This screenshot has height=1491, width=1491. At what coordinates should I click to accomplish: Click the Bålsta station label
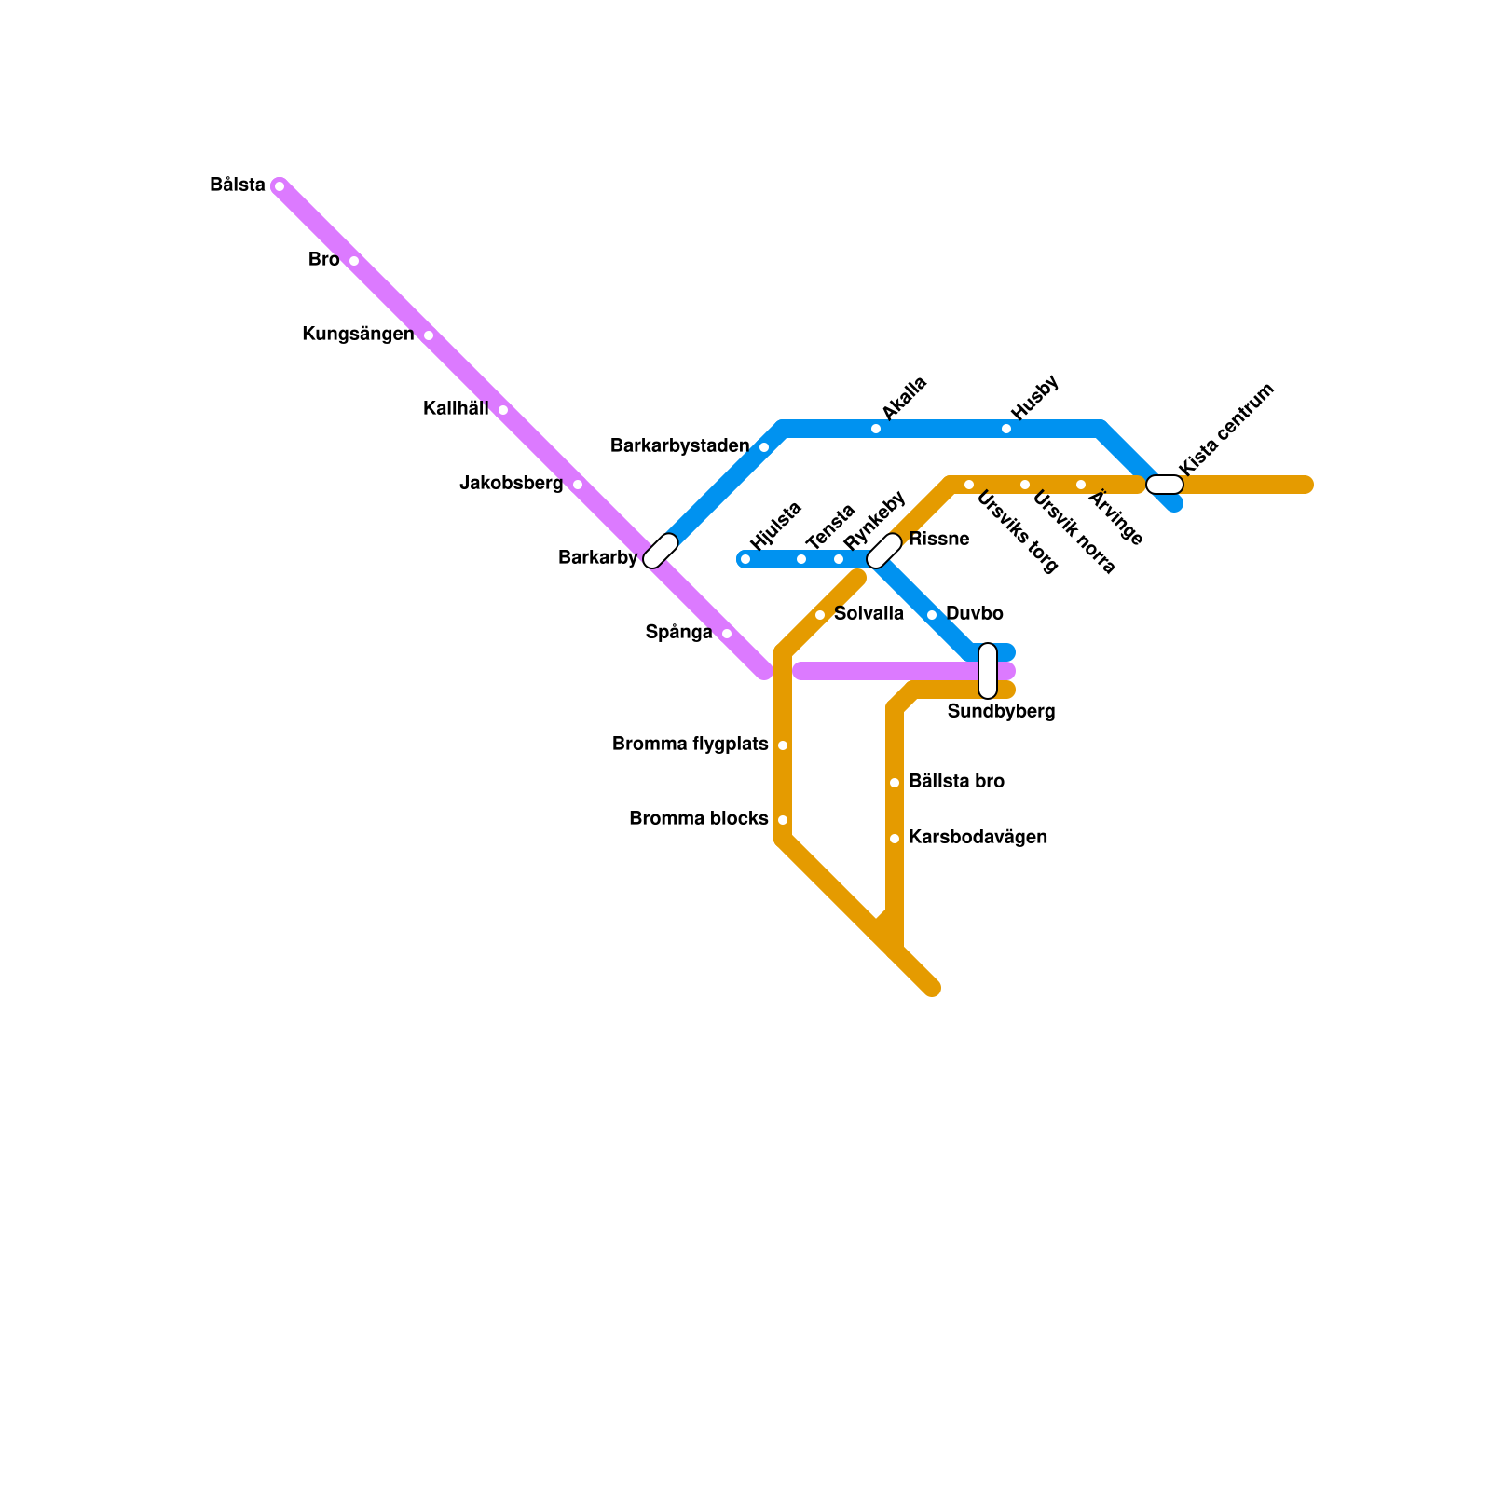238,185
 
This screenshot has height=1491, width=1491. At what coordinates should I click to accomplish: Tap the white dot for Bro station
354,261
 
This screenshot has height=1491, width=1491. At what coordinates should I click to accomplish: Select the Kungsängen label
358,335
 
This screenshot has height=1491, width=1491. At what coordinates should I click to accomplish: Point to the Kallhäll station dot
503,410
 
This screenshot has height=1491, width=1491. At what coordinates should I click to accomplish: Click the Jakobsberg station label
512,484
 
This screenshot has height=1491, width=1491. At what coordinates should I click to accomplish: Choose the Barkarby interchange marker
661,551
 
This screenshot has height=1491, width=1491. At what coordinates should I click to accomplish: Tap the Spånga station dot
727,634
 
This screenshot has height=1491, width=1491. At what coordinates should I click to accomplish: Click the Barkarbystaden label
679,446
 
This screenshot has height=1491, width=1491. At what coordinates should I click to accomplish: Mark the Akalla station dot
876,429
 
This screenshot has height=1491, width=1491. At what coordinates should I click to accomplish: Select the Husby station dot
1006,429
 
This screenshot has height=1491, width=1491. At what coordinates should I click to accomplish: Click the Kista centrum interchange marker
1165,485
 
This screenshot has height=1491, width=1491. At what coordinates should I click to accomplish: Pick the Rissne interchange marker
884,551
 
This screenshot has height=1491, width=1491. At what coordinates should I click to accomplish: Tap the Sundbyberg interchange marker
988,671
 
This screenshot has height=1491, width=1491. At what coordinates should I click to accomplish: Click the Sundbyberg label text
1001,712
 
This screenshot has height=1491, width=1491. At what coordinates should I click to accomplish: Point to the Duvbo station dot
932,615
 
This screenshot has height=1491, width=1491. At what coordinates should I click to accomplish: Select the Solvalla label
869,614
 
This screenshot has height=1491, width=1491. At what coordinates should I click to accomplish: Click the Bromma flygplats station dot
783,745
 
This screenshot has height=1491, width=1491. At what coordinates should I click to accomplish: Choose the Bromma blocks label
698,819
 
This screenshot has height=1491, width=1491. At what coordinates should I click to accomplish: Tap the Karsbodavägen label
978,838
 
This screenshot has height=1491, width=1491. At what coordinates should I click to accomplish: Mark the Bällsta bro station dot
895,783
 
